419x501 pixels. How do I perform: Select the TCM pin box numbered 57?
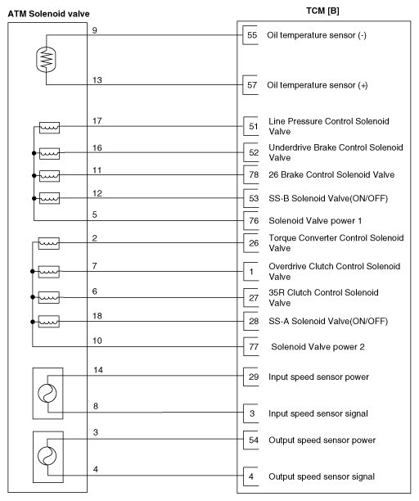252,84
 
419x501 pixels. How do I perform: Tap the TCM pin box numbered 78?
252,174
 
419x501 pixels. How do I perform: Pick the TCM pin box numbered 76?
252,221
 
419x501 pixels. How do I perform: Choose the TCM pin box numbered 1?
252,271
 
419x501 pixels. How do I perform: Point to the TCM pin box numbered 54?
252,440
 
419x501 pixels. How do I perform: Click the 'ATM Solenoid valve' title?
49,14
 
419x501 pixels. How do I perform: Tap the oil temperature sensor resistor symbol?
46,60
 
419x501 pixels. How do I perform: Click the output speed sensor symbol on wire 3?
46,455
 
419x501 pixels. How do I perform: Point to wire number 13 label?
97,79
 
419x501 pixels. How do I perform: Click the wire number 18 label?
97,315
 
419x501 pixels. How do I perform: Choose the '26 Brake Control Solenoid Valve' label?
331,174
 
